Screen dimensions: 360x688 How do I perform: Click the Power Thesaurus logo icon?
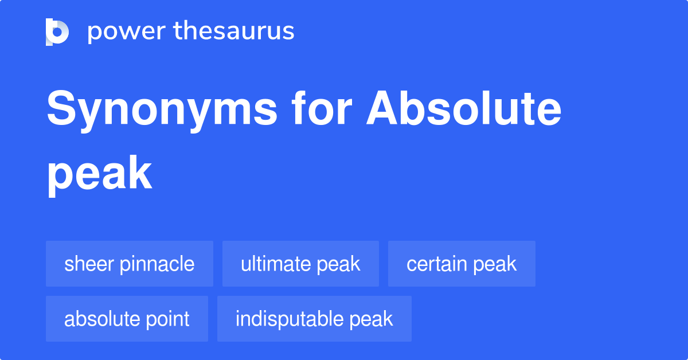[x=57, y=32]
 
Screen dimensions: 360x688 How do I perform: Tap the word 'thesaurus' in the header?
[x=234, y=32]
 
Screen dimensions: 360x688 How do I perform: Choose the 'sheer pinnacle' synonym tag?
[x=130, y=264]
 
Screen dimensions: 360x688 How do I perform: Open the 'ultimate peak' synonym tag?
[x=300, y=264]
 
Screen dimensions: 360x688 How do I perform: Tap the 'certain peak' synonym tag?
[x=462, y=264]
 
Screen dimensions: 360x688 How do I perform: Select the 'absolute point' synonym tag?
[x=127, y=319]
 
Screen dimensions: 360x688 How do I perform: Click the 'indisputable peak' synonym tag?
[x=314, y=319]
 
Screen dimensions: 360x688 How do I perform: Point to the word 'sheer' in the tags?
[x=86, y=264]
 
